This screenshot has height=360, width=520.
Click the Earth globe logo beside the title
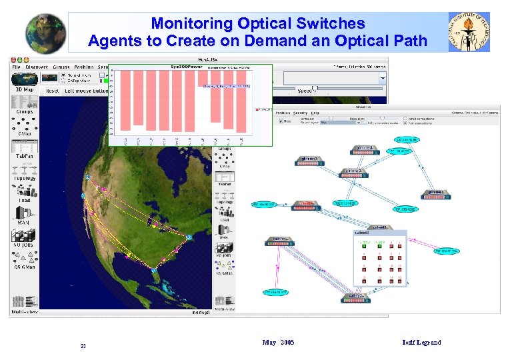[x=46, y=33]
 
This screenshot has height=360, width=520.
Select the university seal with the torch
[x=469, y=31]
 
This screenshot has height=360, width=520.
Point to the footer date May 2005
[x=278, y=343]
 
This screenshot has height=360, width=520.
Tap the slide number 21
[x=83, y=345]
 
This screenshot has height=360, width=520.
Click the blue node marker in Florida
[x=154, y=271]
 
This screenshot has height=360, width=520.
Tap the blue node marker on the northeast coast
[x=189, y=237]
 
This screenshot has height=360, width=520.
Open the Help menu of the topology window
[x=314, y=113]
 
